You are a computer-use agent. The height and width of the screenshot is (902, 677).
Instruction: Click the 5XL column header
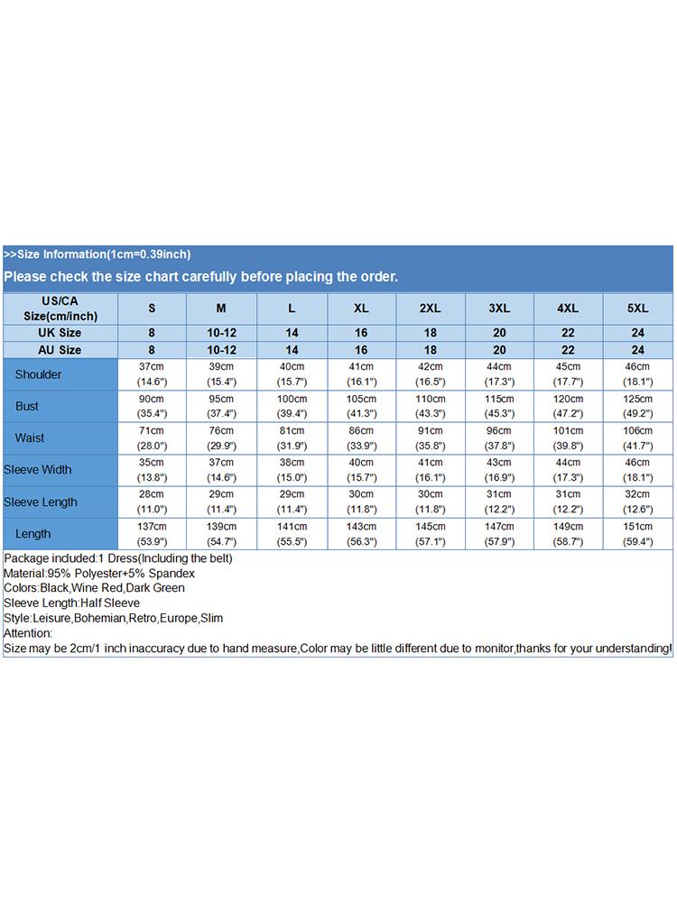[637, 308]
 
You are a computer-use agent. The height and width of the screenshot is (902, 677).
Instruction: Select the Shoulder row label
[39, 374]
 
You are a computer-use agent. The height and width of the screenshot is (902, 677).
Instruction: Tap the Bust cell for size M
[221, 406]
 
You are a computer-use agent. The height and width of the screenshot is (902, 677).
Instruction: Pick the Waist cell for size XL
[361, 437]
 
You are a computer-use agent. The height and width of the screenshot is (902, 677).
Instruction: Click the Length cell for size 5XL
[637, 534]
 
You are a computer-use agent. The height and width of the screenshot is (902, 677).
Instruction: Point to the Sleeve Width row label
[38, 470]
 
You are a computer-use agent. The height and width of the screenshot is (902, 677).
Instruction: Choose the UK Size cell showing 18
[431, 333]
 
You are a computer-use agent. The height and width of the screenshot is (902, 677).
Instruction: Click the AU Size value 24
[637, 350]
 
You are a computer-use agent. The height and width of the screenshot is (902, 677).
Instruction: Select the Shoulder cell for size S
[152, 374]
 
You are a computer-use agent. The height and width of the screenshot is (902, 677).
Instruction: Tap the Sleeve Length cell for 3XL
[499, 502]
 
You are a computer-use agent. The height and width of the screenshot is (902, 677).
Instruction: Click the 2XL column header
[431, 308]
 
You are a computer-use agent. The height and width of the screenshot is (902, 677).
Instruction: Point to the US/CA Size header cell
[60, 308]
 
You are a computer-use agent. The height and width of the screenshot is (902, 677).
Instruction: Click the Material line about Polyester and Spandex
[99, 574]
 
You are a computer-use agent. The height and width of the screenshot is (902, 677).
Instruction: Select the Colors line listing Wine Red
[94, 588]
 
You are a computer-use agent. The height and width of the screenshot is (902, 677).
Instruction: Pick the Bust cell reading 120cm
[568, 406]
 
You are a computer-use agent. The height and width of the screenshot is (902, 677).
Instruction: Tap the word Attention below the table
[29, 634]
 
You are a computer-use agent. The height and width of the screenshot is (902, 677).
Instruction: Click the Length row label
[33, 534]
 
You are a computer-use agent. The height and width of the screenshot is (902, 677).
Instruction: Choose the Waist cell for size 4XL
[568, 437]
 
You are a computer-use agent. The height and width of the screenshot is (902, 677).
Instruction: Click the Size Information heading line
[97, 254]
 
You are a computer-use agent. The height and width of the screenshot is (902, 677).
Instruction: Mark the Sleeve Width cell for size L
[291, 470]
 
